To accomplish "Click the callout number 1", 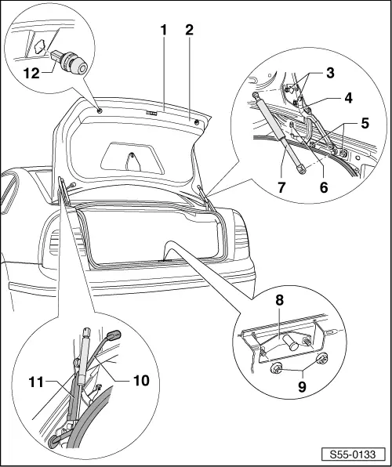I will coord(163,31).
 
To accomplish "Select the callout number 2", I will coord(188,31).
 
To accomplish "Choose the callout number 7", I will coord(281,189).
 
